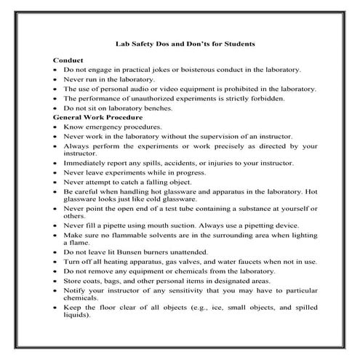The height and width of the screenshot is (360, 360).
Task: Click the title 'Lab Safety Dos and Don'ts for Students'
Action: click(185, 44)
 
